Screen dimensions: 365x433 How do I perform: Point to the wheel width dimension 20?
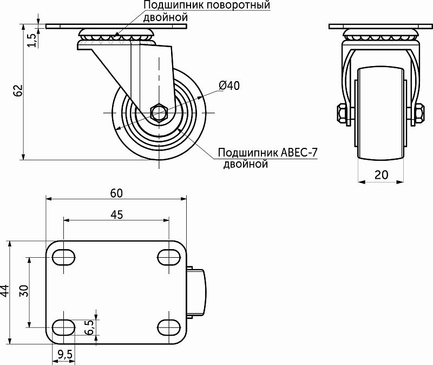click(382, 174)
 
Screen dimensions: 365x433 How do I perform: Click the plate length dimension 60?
click(116, 192)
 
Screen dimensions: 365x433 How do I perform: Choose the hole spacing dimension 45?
click(116, 214)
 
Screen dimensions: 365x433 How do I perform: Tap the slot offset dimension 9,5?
click(64, 355)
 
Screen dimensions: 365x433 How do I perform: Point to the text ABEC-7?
click(299, 153)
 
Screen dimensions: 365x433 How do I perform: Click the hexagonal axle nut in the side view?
click(159, 113)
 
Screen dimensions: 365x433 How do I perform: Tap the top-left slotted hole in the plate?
click(64, 256)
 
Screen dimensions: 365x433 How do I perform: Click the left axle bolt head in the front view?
click(342, 114)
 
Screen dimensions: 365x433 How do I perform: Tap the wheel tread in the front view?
click(382, 114)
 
